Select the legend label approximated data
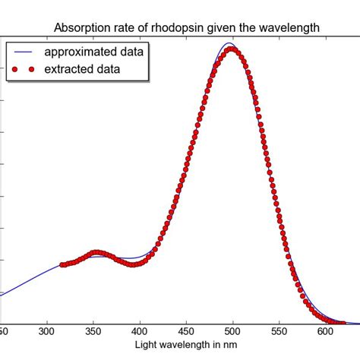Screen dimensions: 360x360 pyautogui.click(x=95, y=52)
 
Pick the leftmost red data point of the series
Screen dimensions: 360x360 pyautogui.click(x=62, y=265)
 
